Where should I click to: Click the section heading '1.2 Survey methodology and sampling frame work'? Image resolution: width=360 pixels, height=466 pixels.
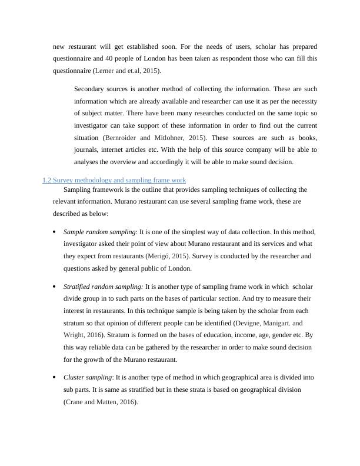pos(114,179)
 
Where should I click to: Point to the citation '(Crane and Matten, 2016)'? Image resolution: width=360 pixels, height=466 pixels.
pos(100,401)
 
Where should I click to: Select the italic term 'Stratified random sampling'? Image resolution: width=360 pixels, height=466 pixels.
pos(102,287)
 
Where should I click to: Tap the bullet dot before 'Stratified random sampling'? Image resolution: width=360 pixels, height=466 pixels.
pos(55,287)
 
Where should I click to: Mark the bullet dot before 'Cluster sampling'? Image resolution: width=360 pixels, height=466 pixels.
pos(55,377)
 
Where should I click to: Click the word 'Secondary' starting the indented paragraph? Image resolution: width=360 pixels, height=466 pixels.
pos(91,89)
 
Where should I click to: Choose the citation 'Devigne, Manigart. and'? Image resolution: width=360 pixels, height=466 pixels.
pos(269,323)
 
